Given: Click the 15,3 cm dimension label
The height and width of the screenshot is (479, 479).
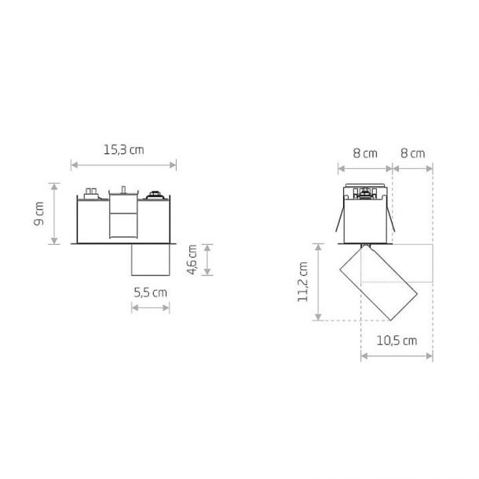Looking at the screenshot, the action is click(123, 150).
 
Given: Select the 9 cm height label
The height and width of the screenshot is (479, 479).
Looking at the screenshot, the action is click(38, 214).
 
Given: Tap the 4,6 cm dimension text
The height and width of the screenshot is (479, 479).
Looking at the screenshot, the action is click(192, 260).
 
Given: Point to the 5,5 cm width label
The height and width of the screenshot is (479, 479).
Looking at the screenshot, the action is click(150, 293).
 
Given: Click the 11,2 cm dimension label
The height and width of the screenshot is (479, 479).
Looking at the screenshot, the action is click(303, 282).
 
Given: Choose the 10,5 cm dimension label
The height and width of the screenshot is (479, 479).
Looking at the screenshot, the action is click(397, 341).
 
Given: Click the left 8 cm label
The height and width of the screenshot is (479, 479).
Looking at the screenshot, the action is click(365, 153).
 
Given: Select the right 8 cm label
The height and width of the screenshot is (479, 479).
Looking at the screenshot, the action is click(413, 153).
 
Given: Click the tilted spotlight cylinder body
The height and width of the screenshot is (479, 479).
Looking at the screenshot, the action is click(378, 283).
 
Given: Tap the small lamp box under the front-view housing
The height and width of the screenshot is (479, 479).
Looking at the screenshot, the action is click(150, 260).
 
